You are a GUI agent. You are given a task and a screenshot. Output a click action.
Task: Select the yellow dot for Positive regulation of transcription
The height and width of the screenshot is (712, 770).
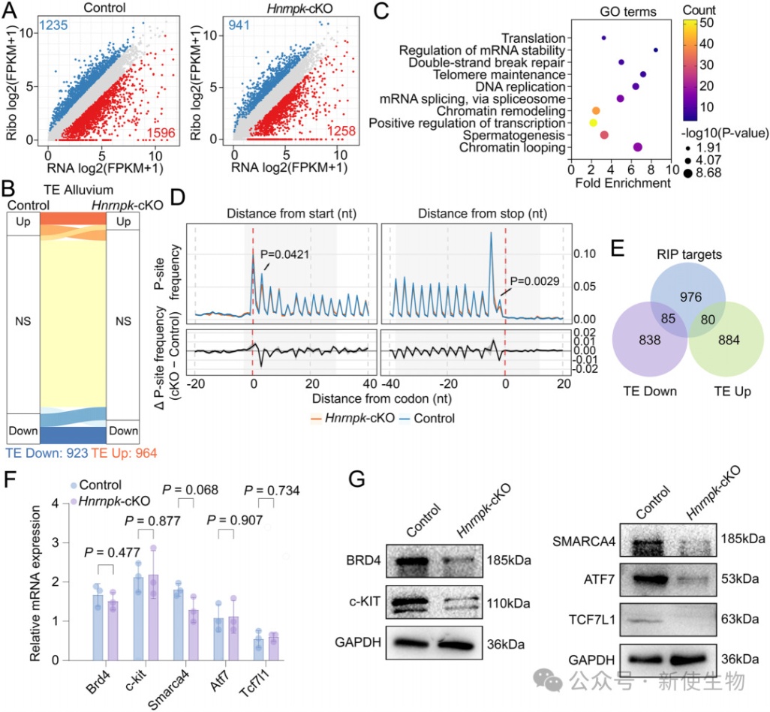593,122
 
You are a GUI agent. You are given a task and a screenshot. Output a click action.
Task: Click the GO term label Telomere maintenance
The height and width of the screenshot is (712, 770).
513,74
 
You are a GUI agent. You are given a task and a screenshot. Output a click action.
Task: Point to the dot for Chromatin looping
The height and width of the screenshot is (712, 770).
639,147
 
